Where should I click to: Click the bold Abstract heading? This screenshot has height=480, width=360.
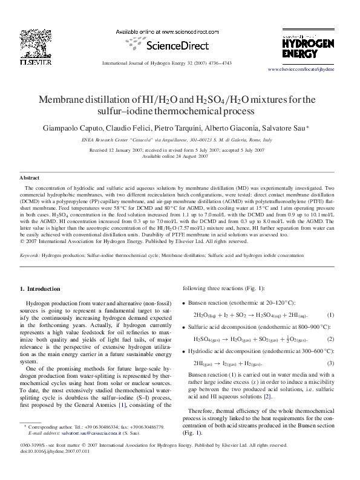pos(30,178)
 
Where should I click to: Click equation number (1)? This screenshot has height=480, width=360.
pos(330,315)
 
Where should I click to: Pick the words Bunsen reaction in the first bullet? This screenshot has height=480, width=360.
pos(209,302)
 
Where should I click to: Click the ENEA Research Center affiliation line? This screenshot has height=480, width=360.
pos(180,139)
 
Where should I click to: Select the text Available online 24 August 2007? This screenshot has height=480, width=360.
pos(180,156)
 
